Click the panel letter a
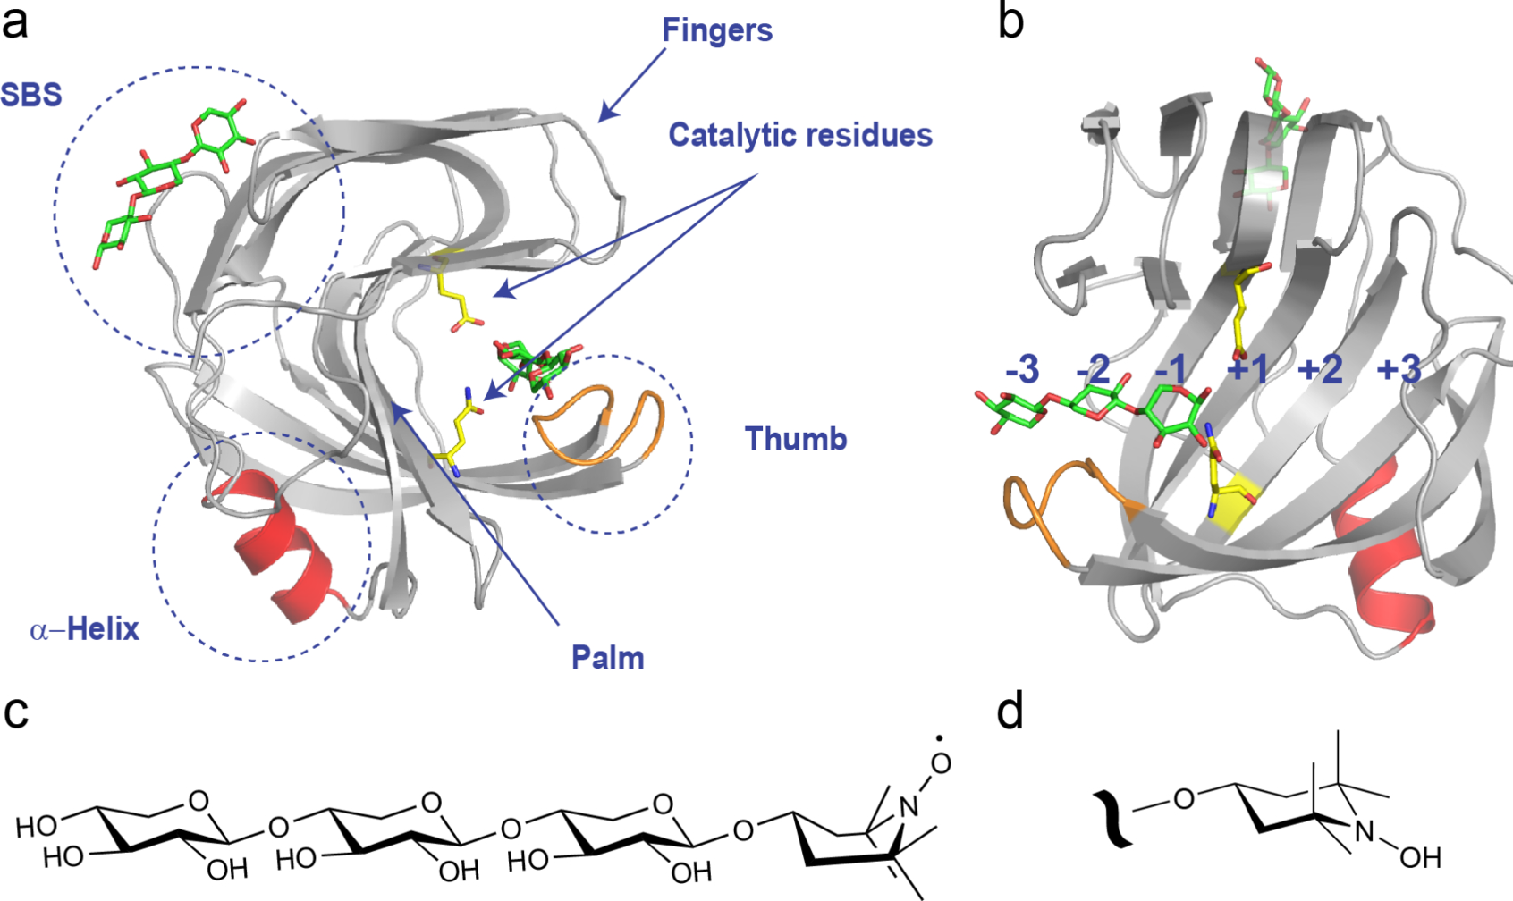(x=15, y=22)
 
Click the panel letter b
(x=1010, y=22)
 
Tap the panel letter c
(x=15, y=712)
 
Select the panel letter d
(x=1010, y=712)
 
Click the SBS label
(x=31, y=95)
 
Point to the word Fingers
(x=717, y=30)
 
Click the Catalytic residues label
(x=800, y=135)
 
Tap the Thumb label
(x=796, y=439)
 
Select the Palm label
(x=608, y=658)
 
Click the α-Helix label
(x=85, y=630)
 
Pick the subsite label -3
(x=1022, y=369)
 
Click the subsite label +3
(x=1399, y=369)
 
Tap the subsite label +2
(x=1321, y=369)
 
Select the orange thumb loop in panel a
(x=590, y=420)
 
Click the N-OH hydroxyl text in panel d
(x=1421, y=858)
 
